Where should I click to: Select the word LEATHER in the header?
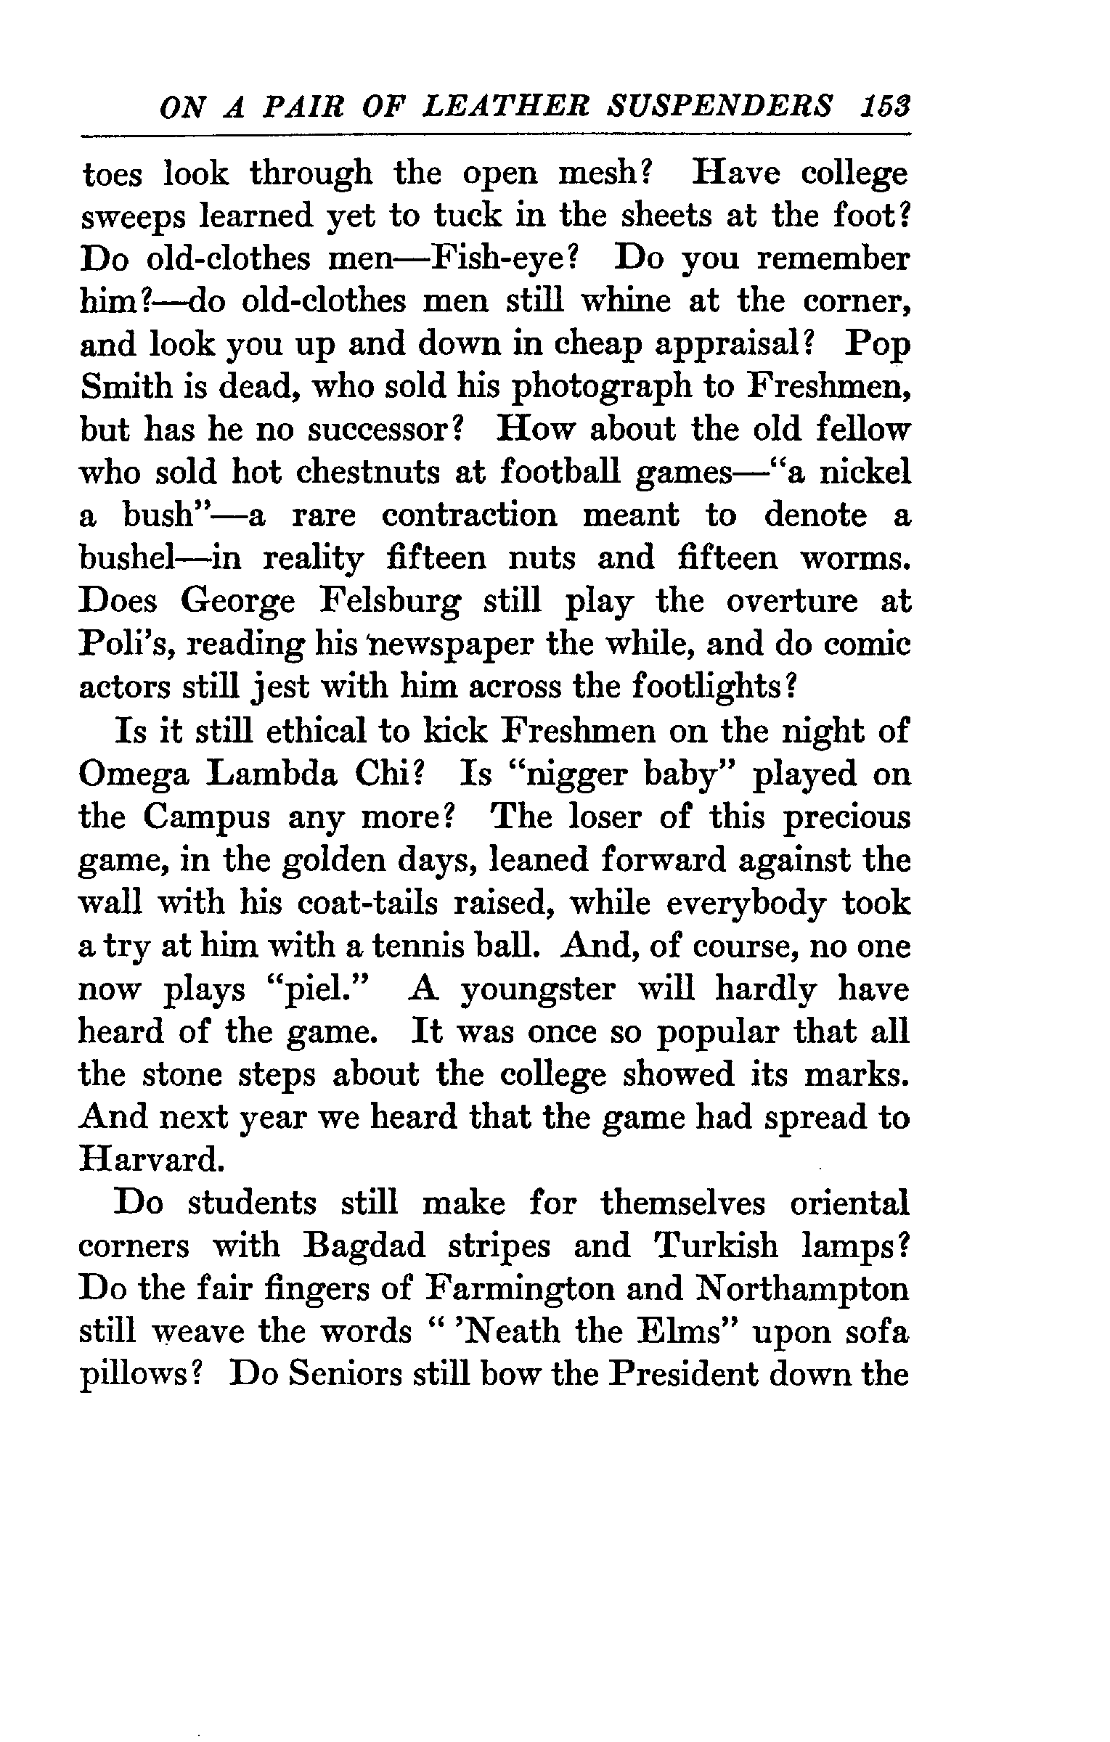click(x=502, y=107)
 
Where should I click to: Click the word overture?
click(x=791, y=602)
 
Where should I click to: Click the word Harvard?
click(x=149, y=1161)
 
